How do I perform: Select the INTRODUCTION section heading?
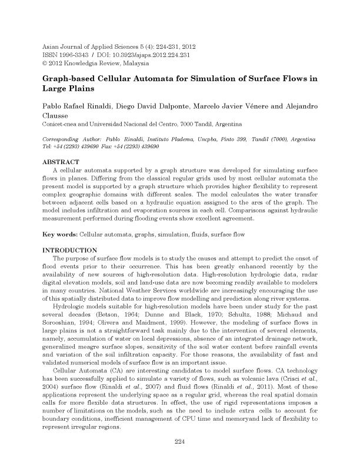pyautogui.click(x=71, y=250)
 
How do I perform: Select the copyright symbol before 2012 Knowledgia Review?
pyautogui.click(x=47, y=63)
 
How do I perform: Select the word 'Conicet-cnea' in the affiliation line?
pyautogui.click(x=62, y=125)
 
